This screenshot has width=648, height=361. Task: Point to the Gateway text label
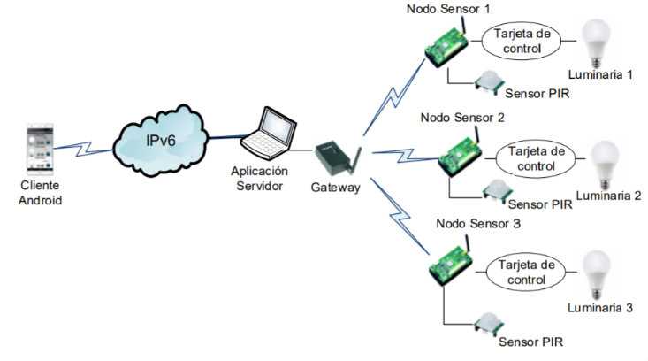336,188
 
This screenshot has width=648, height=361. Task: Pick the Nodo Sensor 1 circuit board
448,44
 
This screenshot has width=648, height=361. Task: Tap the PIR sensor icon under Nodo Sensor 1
486,83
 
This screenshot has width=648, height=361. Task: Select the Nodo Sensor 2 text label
461,117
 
